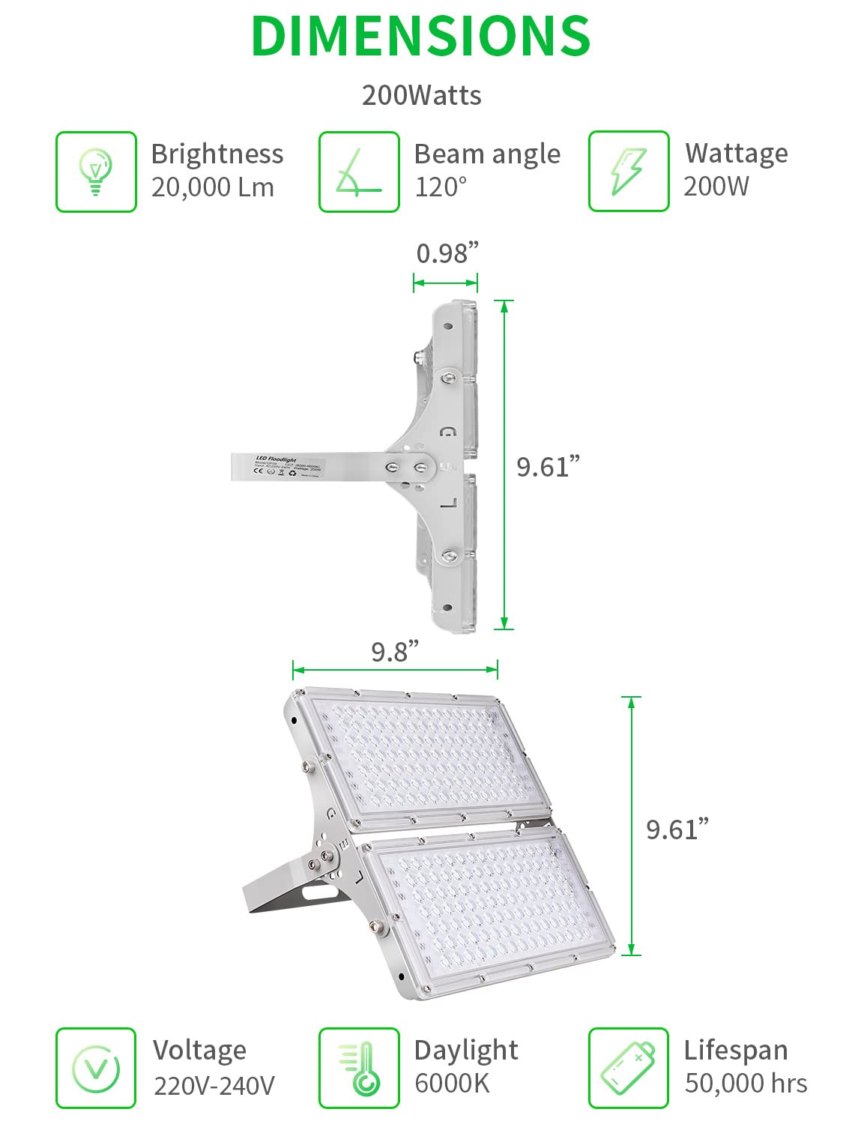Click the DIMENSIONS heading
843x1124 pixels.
click(420, 36)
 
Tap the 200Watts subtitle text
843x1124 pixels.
click(421, 95)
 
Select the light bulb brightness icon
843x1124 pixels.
click(96, 172)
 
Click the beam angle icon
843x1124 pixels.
click(359, 172)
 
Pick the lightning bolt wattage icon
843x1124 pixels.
click(628, 172)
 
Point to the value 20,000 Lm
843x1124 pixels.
click(213, 187)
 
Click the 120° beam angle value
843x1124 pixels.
click(441, 187)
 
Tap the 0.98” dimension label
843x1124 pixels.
click(447, 253)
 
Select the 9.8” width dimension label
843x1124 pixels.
click(395, 651)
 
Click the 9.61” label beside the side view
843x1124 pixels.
click(548, 466)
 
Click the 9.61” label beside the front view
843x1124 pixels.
click(677, 829)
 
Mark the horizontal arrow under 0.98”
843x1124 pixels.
click(445, 282)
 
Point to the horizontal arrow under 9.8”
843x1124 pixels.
click(395, 669)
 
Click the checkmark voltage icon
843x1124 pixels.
click(96, 1068)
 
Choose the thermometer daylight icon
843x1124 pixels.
click(359, 1068)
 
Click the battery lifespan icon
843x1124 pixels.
click(628, 1068)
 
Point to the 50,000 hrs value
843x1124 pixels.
click(746, 1084)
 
